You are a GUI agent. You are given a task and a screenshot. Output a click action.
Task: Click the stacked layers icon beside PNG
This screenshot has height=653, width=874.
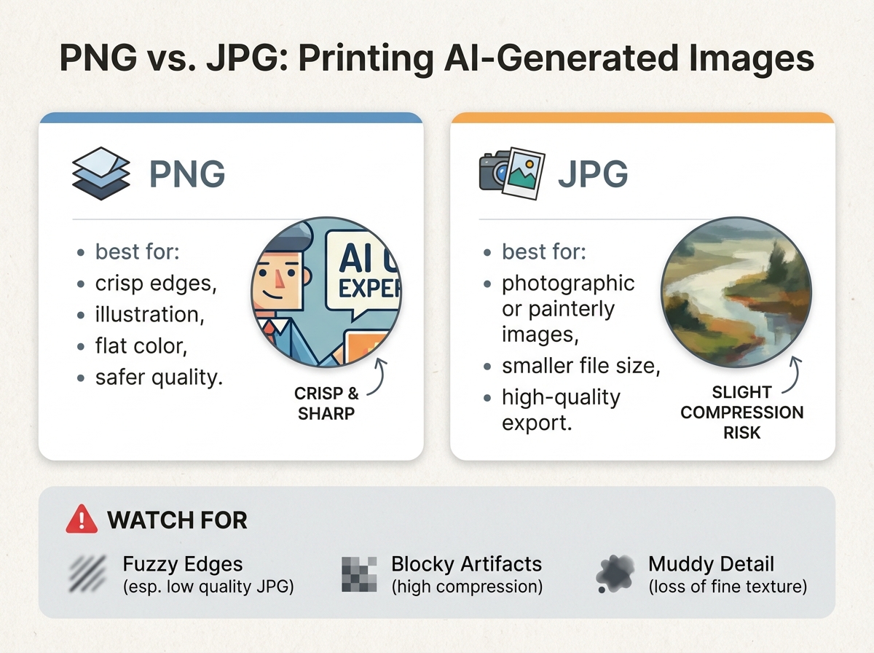click(101, 175)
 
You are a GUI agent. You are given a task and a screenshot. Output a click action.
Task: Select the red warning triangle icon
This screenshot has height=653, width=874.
click(81, 520)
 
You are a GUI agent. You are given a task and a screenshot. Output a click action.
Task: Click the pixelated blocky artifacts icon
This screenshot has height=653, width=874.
click(359, 574)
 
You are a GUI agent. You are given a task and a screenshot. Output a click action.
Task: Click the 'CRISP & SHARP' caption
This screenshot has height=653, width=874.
click(326, 404)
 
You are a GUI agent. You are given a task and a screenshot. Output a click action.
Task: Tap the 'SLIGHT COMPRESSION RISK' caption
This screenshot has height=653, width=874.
click(741, 412)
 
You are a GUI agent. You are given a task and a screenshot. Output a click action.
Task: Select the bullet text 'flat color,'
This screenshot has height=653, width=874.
click(141, 346)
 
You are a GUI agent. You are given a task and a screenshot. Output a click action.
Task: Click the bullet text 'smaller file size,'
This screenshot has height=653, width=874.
click(580, 366)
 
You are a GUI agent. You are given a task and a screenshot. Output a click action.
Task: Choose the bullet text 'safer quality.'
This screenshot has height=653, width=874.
click(159, 378)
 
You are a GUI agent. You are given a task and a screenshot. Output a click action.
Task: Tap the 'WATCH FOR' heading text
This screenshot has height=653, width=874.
click(177, 520)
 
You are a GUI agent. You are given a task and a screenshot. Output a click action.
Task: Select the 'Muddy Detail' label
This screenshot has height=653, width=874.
click(711, 564)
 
